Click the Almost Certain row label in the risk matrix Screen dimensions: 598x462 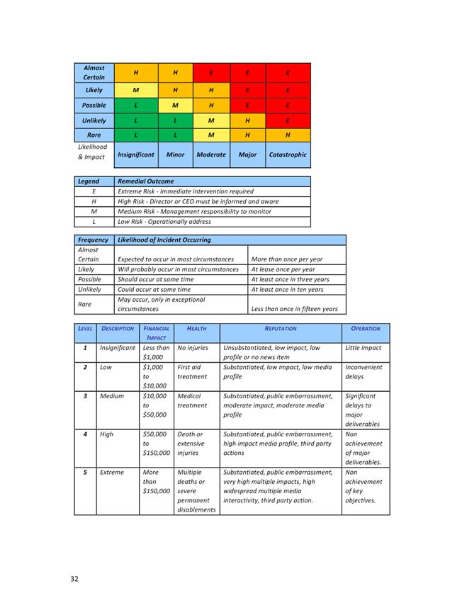[x=94, y=72]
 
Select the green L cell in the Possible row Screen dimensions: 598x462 [x=135, y=106]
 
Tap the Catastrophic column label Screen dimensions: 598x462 [x=288, y=154]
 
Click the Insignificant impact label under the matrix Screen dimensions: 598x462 [x=135, y=154]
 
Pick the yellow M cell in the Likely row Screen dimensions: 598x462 [x=135, y=90]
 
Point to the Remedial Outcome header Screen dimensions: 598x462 [x=145, y=181]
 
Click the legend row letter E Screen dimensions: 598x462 [x=94, y=191]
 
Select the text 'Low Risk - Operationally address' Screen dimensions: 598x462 [x=164, y=222]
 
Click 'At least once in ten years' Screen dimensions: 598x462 [x=287, y=289]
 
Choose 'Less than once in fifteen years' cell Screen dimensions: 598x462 [x=295, y=309]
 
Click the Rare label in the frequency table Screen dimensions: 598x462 [x=84, y=304]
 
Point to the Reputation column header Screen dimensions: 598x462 [x=281, y=329]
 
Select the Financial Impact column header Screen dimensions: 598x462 [x=156, y=333]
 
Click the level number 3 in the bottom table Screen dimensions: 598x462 [x=85, y=396]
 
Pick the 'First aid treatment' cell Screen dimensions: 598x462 [x=192, y=372]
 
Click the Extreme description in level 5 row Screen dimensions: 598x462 [x=111, y=473]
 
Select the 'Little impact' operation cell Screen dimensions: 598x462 [x=363, y=348]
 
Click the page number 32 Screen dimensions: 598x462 [x=74, y=579]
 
